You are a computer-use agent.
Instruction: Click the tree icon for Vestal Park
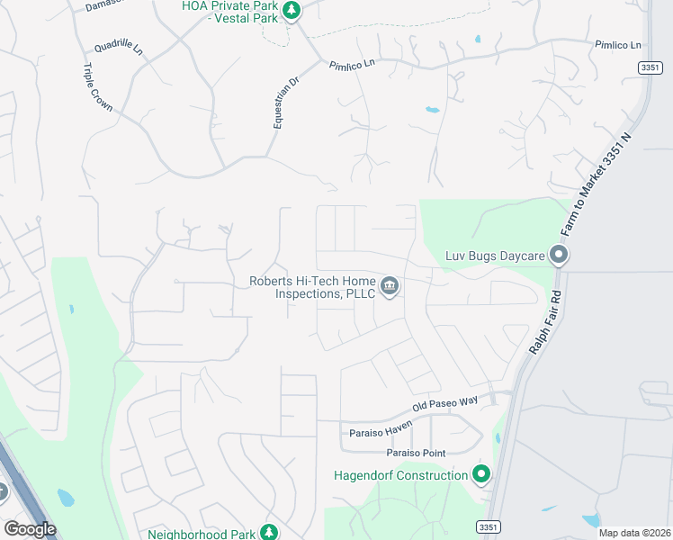[x=291, y=10]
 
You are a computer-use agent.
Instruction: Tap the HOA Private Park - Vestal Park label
[x=229, y=11]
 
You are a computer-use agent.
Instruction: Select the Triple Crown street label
[x=97, y=87]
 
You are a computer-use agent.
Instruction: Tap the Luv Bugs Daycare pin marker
[x=559, y=256]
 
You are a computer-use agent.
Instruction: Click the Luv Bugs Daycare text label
[x=496, y=256]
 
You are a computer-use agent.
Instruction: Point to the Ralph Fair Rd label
[x=546, y=321]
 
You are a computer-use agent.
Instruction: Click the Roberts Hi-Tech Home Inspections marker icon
[x=390, y=287]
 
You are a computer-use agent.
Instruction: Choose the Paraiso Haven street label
[x=381, y=431]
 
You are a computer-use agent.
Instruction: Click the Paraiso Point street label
[x=416, y=453]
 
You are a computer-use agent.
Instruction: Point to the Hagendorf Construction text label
[x=400, y=474]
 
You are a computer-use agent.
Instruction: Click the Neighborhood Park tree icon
[x=268, y=532]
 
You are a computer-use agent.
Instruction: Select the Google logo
[x=30, y=529]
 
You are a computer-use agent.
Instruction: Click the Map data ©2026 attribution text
[x=634, y=533]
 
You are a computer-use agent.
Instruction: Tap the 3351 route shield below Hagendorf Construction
[x=488, y=526]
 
